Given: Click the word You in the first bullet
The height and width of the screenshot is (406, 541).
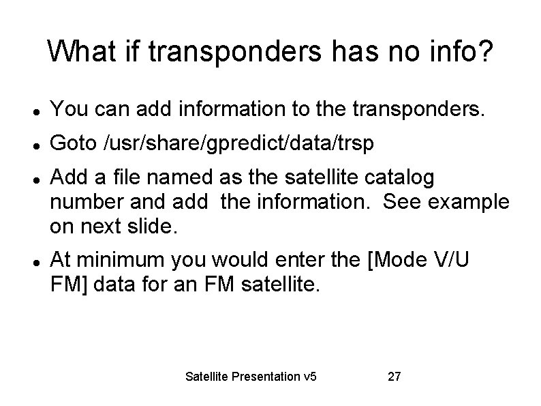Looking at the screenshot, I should (x=66, y=108).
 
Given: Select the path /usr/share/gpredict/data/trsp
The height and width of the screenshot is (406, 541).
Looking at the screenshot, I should (x=239, y=143).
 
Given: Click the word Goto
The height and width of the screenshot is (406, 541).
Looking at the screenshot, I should (x=73, y=143).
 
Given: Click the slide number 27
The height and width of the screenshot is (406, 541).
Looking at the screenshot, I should (x=393, y=376).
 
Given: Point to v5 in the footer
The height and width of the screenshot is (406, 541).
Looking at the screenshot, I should (x=313, y=376).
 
